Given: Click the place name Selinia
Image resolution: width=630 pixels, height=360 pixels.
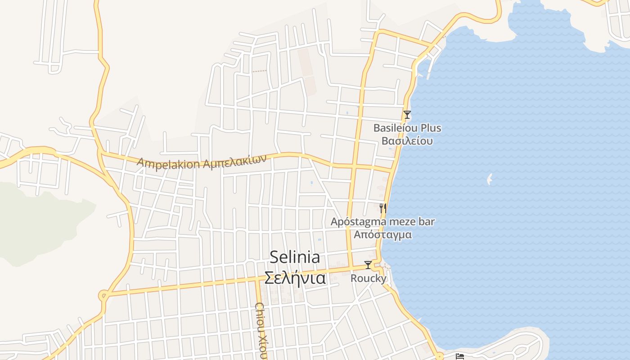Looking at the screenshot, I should click(295, 257).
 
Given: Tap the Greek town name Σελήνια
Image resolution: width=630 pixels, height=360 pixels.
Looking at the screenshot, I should click(295, 278).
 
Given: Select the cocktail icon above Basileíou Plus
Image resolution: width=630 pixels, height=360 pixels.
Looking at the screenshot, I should click(407, 115).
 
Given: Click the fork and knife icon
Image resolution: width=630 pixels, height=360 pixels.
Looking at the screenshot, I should click(383, 208).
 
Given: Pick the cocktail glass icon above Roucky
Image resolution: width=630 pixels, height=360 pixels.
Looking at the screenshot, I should click(368, 265).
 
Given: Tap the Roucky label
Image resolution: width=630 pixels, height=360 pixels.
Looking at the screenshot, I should click(368, 279).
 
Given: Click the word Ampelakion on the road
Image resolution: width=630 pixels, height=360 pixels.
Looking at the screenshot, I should click(168, 163).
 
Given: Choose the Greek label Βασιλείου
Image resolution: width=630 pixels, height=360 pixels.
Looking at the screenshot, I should click(407, 141).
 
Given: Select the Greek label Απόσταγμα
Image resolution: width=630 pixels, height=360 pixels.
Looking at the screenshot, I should click(383, 234).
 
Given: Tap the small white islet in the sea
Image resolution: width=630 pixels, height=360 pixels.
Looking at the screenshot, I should click(490, 179).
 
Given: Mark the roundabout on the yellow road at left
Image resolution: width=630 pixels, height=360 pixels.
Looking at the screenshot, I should click(104, 296).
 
